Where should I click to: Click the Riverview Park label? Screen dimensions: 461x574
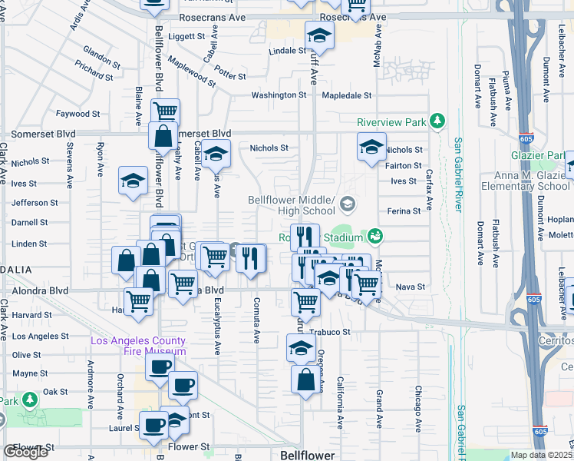pos(391,122)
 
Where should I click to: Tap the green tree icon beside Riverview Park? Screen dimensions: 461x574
pos(437,121)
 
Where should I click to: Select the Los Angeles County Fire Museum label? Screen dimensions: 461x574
pos(138,347)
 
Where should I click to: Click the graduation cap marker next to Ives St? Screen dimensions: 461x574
pos(133,181)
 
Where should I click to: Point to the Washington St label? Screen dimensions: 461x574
pos(279,95)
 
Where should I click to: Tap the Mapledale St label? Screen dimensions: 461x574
pos(346,96)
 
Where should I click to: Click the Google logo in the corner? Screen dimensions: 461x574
pos(26,452)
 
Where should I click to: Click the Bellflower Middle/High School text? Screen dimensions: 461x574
pos(292,205)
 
